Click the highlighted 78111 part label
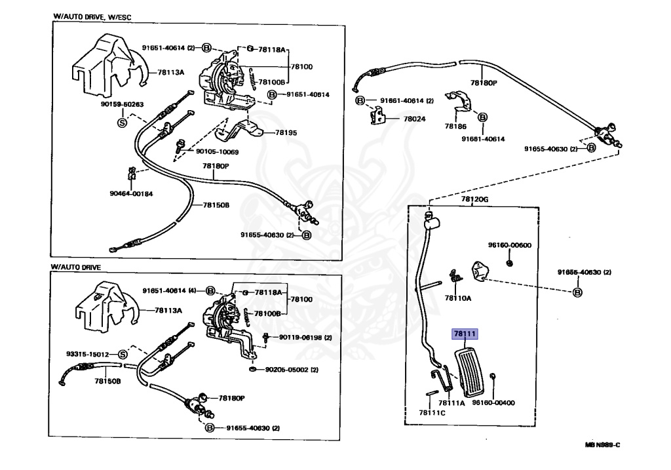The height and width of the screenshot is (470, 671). pos(465,334)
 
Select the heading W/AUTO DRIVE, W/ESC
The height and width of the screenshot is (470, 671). pos(92,17)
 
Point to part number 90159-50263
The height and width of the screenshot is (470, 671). pos(123,104)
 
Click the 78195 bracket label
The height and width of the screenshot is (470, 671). pos(286,132)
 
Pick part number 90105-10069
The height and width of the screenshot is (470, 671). pos(218,152)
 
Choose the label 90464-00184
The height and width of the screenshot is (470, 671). pos(131,193)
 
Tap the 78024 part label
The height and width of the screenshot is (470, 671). pos(415,119)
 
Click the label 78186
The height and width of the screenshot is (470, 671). pos(455,127)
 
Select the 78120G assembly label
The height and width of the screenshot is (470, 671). pos(474,199)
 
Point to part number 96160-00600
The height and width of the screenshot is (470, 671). pos(510,245)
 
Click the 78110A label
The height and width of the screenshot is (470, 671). pos(458,298)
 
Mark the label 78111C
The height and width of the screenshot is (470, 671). pos(432,412)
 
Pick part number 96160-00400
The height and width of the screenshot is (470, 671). pos(493,402)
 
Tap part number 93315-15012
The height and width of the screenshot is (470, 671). pos(88,354)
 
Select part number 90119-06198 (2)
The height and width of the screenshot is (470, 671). pos(305,338)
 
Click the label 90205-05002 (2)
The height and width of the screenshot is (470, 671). pos(292,370)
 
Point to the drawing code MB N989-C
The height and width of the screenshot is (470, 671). pos(603,444)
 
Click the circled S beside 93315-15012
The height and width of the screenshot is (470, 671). pos(123,355)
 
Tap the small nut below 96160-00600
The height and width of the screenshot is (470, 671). pos(509,264)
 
